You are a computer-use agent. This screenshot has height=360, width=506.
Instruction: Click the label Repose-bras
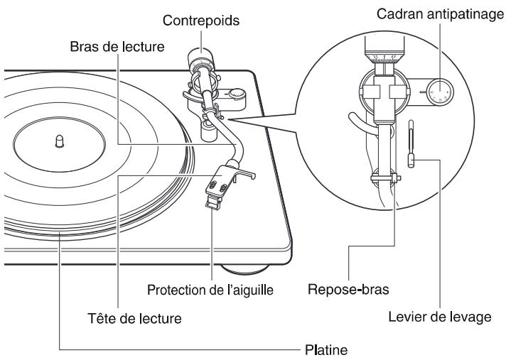[343, 291]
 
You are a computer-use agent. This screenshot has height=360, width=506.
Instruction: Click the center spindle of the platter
[58, 141]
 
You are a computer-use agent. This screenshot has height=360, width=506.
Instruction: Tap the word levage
[471, 317]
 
